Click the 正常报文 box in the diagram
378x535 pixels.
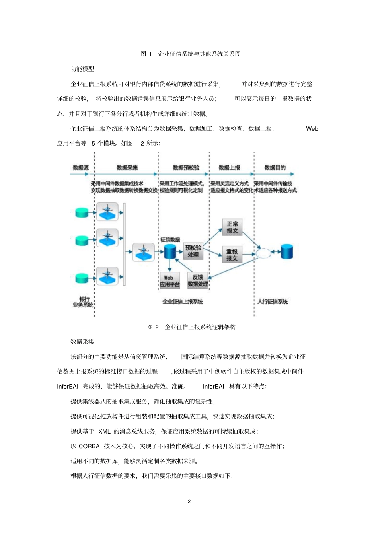click(x=232, y=227)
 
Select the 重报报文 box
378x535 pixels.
click(x=232, y=255)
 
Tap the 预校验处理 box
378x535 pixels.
click(x=193, y=251)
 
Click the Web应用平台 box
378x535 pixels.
click(x=170, y=281)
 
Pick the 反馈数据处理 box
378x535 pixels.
click(x=198, y=280)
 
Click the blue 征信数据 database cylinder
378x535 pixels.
click(x=170, y=251)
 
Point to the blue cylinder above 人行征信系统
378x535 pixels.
click(x=287, y=252)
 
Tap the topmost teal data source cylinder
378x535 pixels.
click(x=82, y=212)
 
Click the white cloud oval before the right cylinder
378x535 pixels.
click(x=263, y=253)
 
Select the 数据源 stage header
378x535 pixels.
click(x=81, y=168)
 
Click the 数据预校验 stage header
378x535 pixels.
click(x=186, y=168)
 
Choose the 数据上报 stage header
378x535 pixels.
click(x=229, y=168)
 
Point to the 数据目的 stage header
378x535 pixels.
click(x=275, y=168)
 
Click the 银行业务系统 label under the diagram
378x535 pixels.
click(x=83, y=302)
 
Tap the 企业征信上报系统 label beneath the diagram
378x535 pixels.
click(x=183, y=302)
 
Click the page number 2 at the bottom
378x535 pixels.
click(x=189, y=501)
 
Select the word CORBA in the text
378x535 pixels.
click(x=89, y=446)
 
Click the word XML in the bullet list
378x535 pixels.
click(x=104, y=432)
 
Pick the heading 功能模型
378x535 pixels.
click(x=82, y=69)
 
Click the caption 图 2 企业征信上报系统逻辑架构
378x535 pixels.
click(x=191, y=327)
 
